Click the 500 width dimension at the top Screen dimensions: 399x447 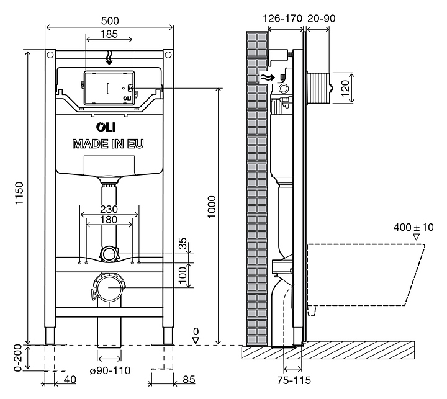point(109,20)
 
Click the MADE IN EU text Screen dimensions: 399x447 point(108,144)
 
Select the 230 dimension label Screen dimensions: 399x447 point(109,210)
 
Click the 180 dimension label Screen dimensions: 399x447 point(109,220)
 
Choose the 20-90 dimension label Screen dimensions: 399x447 point(322,19)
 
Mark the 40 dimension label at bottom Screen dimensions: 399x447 point(70,378)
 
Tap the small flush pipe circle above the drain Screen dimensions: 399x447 point(109,253)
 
